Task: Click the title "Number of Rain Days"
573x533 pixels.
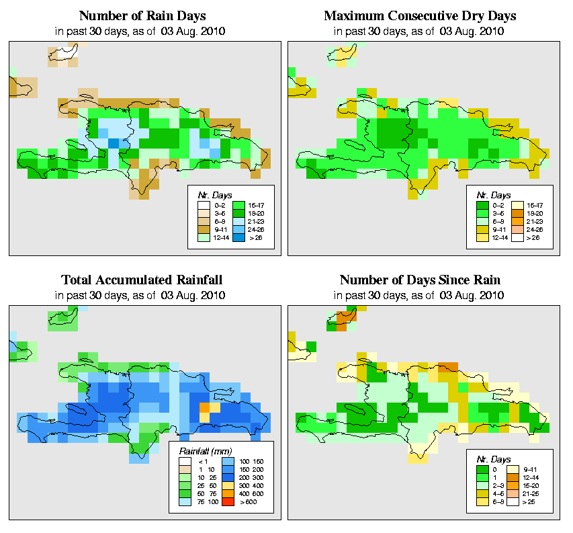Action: click(142, 15)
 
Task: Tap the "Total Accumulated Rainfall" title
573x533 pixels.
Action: click(142, 280)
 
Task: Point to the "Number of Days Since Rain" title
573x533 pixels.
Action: click(420, 280)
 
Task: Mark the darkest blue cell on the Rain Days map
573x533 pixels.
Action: click(114, 143)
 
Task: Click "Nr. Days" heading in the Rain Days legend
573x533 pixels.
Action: click(210, 194)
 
